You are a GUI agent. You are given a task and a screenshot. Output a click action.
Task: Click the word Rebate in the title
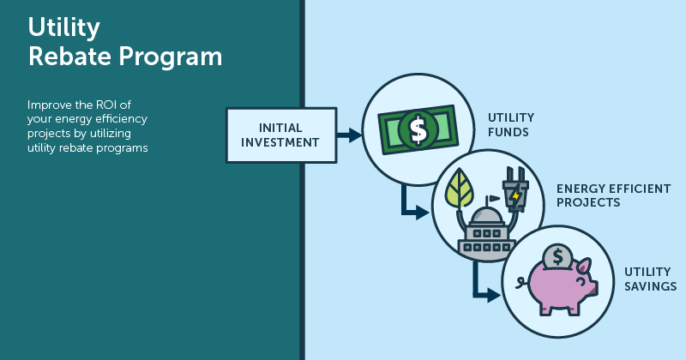63,57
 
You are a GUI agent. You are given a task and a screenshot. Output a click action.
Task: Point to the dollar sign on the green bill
418,129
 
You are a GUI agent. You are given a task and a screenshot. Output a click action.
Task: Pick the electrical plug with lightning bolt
513,193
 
